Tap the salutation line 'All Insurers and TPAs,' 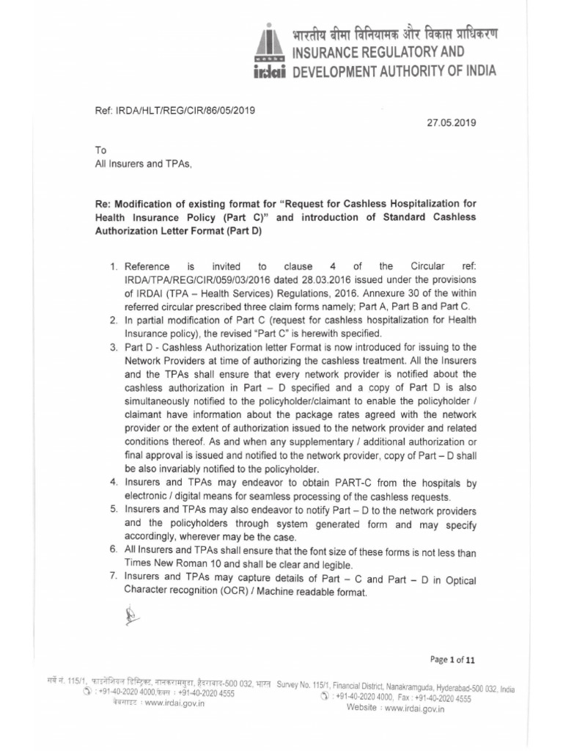coord(144,164)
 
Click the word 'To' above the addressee coord(101,150)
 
